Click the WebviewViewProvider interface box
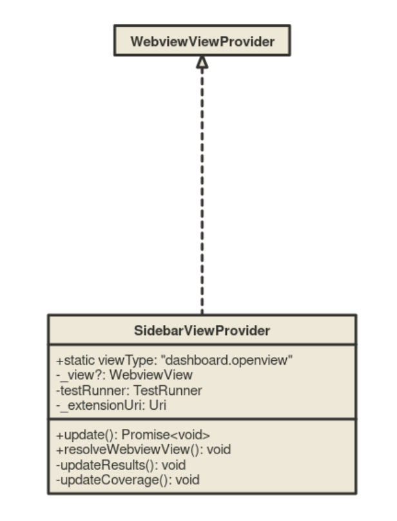[x=202, y=41]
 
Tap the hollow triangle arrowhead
[x=202, y=62]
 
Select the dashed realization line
[x=202, y=193]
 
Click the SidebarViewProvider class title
[x=202, y=331]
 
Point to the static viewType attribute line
[x=175, y=361]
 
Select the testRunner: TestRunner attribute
[x=130, y=390]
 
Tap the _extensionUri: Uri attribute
[x=112, y=405]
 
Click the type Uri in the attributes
[x=158, y=405]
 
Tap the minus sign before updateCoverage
[x=59, y=479]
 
